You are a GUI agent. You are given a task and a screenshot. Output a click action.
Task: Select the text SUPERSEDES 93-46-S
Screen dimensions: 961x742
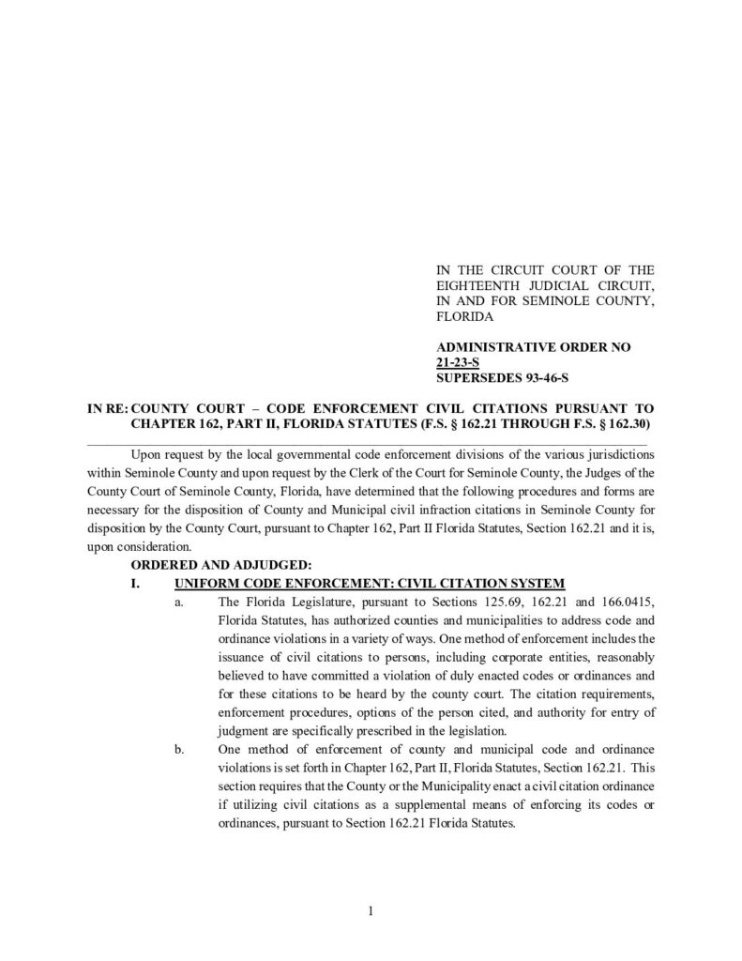503,377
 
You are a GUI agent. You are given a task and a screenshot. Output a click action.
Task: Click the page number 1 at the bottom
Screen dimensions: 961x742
371,910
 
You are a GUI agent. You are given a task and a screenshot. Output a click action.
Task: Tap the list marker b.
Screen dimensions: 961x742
178,750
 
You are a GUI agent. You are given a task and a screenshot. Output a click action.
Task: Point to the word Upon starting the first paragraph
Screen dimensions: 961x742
148,453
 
